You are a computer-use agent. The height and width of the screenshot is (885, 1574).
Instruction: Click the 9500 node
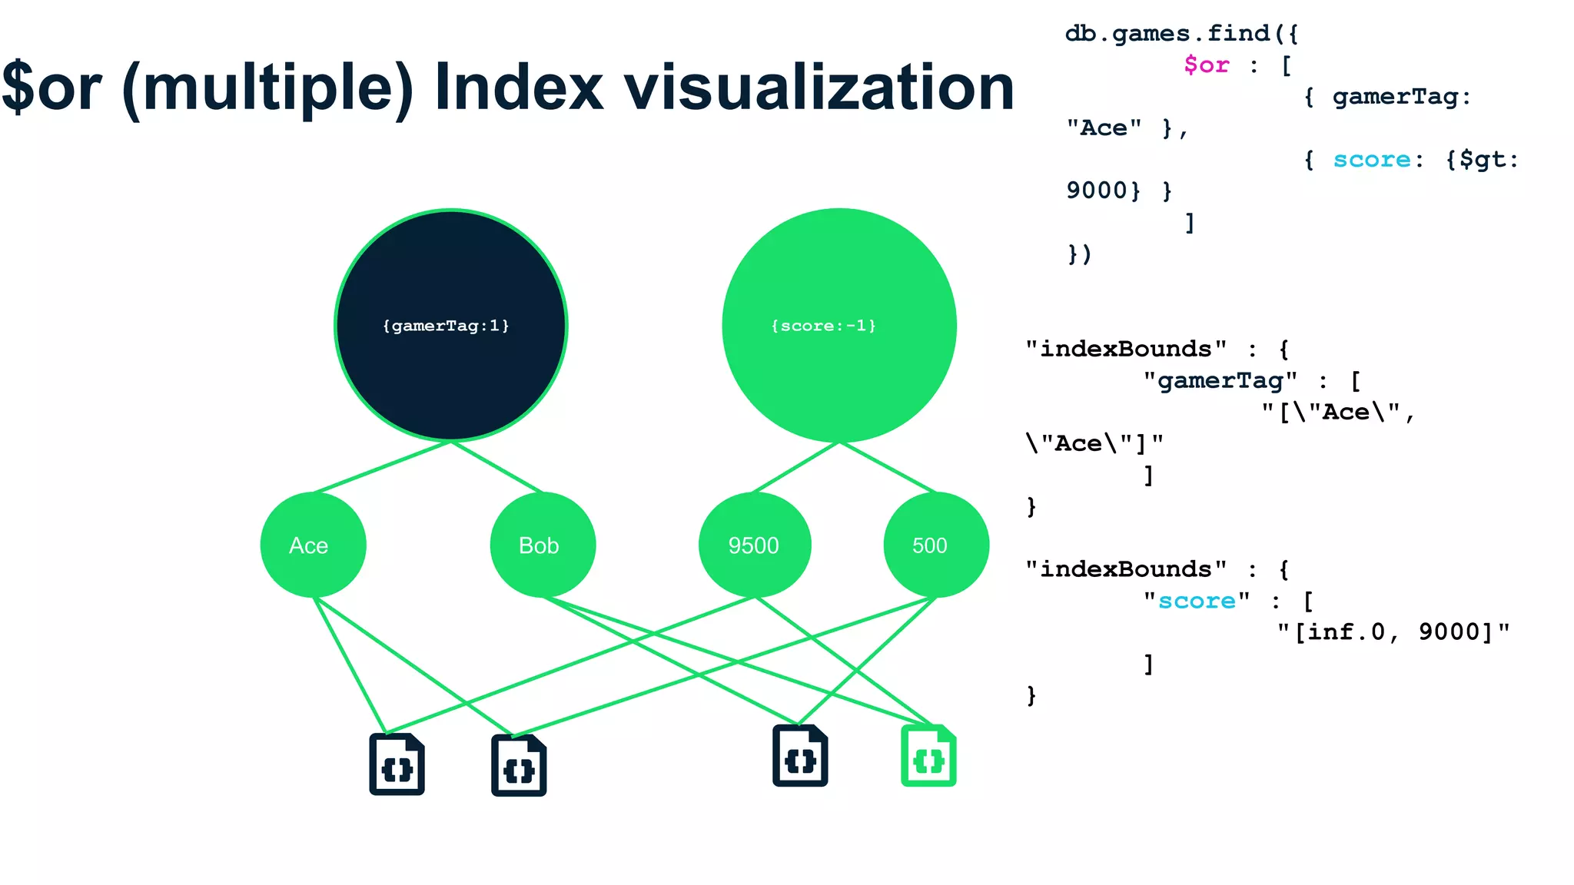click(754, 545)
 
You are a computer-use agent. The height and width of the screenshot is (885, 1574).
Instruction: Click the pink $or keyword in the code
click(1206, 65)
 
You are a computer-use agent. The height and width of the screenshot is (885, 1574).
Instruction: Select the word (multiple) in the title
click(267, 89)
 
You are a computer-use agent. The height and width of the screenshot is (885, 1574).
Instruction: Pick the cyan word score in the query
click(1371, 159)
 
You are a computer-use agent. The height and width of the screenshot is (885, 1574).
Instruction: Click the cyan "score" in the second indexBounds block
click(1197, 601)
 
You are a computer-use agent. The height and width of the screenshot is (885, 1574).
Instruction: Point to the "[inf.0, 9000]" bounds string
click(1393, 632)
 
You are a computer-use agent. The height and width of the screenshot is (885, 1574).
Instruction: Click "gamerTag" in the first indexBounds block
click(1220, 380)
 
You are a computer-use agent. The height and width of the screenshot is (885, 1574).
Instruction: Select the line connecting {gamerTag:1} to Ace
click(382, 467)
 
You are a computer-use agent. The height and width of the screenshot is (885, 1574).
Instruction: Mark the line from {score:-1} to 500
click(888, 468)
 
